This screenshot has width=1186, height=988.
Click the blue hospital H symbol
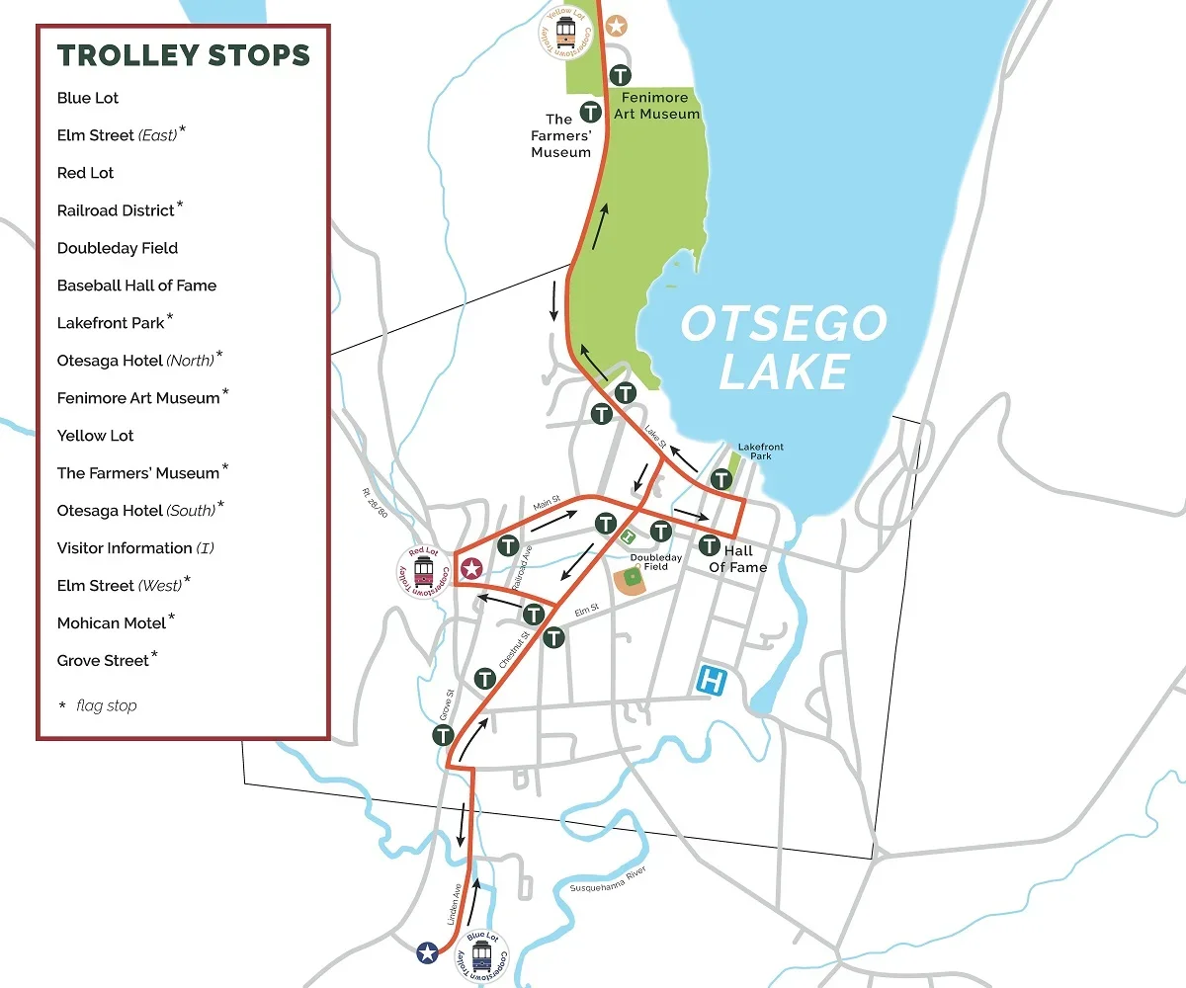(x=712, y=680)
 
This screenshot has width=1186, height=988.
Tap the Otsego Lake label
(x=784, y=348)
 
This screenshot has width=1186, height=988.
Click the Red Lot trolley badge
(x=424, y=571)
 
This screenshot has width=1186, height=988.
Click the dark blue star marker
(x=427, y=952)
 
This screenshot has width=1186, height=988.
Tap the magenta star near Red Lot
(x=472, y=568)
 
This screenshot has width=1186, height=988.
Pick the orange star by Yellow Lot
(x=616, y=25)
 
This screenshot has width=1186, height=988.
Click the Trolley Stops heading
(x=184, y=55)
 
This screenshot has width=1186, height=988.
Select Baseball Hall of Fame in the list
(x=136, y=286)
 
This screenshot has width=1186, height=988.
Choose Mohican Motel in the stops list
(x=112, y=623)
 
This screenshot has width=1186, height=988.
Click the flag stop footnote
(x=98, y=705)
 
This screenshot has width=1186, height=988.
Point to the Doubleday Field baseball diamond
(x=632, y=580)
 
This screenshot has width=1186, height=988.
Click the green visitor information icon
(x=629, y=536)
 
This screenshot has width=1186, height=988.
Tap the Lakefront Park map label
(x=760, y=452)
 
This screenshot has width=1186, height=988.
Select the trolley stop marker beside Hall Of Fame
(x=709, y=545)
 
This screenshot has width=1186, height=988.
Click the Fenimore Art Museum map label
(x=660, y=107)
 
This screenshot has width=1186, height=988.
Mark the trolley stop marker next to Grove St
(x=443, y=735)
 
